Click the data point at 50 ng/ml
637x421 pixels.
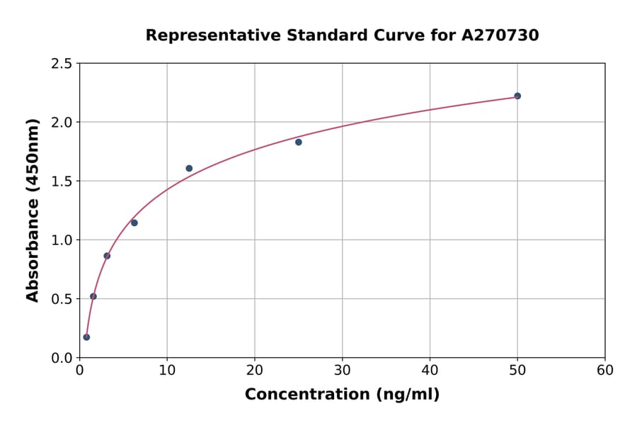(517, 96)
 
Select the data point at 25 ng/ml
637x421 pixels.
(299, 142)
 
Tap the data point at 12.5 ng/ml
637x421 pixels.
(189, 168)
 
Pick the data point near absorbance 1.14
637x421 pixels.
(134, 223)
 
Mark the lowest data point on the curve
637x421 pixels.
(86, 337)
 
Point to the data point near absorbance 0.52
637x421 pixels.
(93, 296)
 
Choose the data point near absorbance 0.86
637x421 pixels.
(107, 256)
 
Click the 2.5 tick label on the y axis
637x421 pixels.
(62, 64)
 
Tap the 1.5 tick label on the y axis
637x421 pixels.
(62, 181)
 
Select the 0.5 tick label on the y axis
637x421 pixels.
(62, 299)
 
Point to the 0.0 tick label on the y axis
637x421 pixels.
(62, 358)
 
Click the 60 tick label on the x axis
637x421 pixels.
(605, 371)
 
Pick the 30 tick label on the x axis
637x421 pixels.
(343, 371)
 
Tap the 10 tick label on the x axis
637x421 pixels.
(167, 371)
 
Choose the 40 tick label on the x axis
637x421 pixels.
(430, 371)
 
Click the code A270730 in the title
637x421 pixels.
(500, 35)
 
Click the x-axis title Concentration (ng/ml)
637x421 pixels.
(342, 395)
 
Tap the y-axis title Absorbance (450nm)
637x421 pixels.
(33, 211)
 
